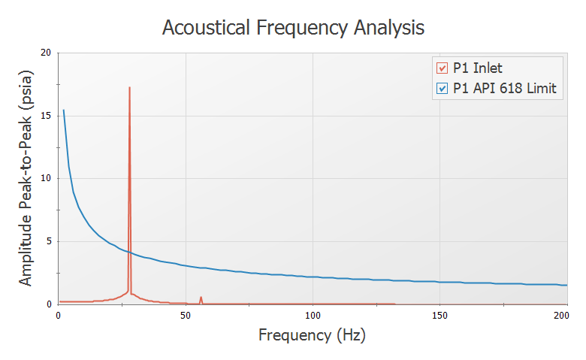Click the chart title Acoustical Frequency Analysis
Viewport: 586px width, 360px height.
click(x=293, y=28)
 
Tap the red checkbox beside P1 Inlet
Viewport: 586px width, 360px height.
click(x=442, y=68)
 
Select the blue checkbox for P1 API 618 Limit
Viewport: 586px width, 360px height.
click(x=442, y=89)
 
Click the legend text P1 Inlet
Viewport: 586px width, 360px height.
click(x=478, y=68)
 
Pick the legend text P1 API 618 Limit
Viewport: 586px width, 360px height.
click(x=505, y=89)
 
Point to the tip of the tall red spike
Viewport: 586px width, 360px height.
click(x=129, y=87)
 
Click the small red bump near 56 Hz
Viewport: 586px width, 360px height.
click(x=201, y=300)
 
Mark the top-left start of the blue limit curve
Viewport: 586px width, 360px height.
click(x=64, y=110)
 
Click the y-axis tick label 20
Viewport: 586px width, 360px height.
click(x=46, y=53)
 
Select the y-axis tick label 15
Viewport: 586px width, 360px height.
click(x=46, y=116)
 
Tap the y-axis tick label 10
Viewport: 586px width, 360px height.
click(x=46, y=178)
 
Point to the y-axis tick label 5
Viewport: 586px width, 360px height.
click(x=49, y=241)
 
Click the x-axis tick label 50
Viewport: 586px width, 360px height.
click(x=186, y=316)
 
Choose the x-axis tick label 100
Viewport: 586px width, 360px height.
click(x=313, y=316)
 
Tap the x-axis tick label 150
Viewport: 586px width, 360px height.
click(x=439, y=316)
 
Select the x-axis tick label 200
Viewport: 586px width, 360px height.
click(x=561, y=316)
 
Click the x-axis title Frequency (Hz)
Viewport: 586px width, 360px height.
click(x=312, y=335)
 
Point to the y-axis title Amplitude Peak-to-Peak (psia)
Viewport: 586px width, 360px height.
click(x=26, y=178)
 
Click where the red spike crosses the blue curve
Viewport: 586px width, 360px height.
click(x=129, y=253)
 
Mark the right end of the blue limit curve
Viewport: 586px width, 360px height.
click(x=567, y=286)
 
